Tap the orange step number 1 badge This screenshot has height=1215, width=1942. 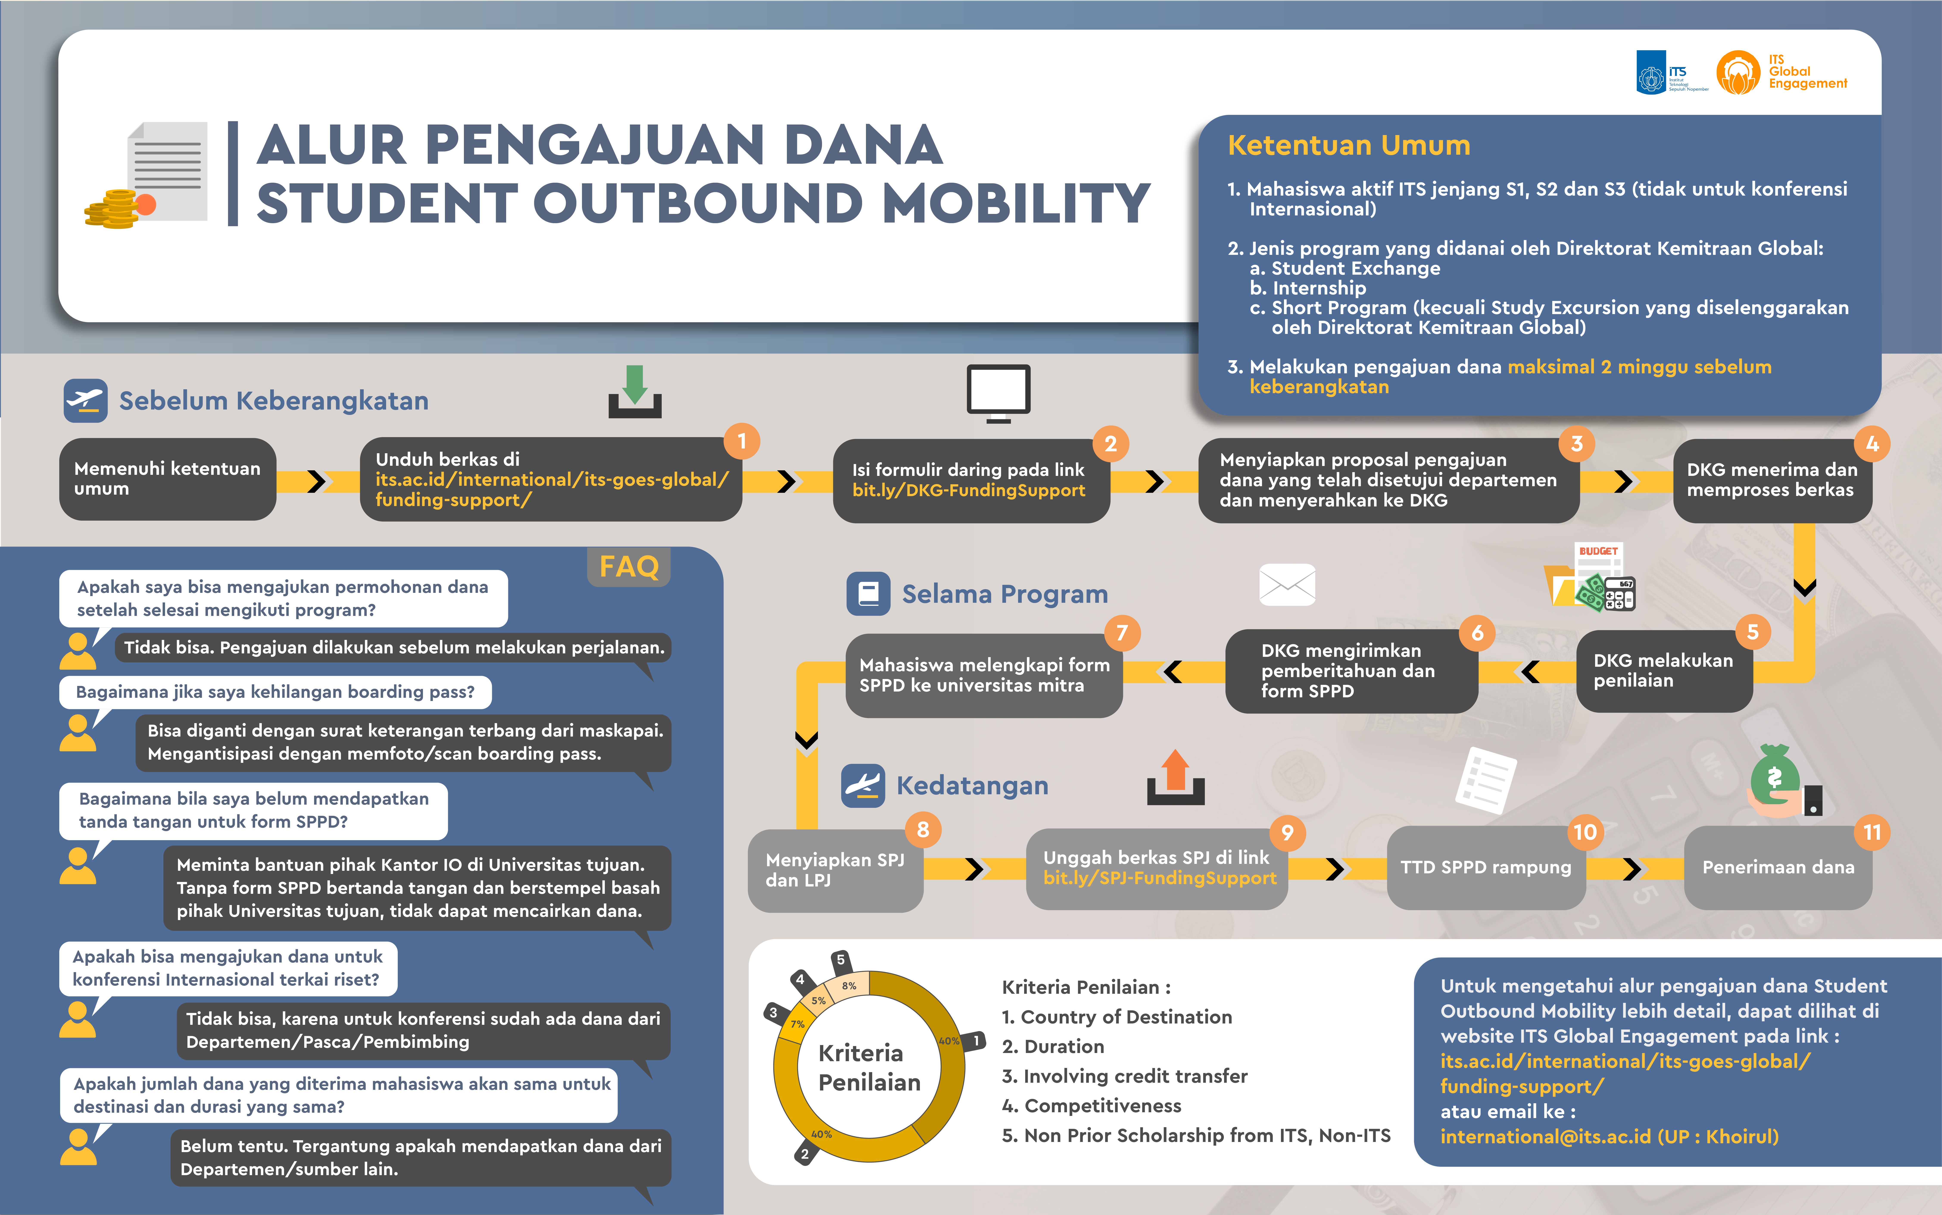(742, 441)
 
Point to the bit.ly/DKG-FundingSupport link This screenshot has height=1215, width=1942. (968, 490)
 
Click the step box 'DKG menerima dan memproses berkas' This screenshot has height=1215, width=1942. (1772, 480)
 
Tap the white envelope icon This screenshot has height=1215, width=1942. (1287, 584)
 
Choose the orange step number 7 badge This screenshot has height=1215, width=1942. (1122, 633)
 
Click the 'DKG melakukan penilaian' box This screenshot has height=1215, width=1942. (1663, 670)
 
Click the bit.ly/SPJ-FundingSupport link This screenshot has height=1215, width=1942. (1159, 878)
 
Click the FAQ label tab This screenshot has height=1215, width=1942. (629, 567)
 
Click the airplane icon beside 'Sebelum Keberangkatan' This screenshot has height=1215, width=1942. (85, 400)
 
